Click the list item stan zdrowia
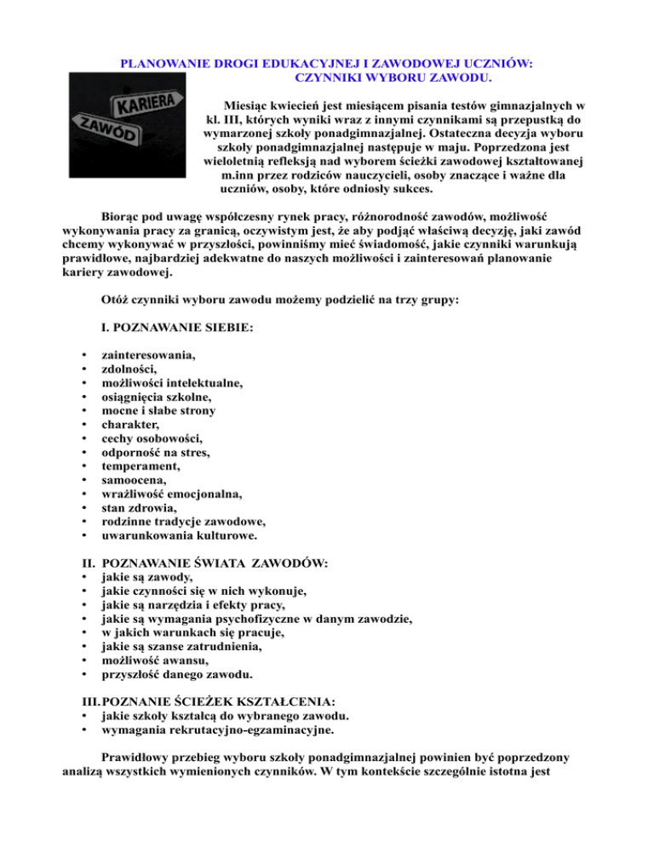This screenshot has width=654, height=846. [138, 509]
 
